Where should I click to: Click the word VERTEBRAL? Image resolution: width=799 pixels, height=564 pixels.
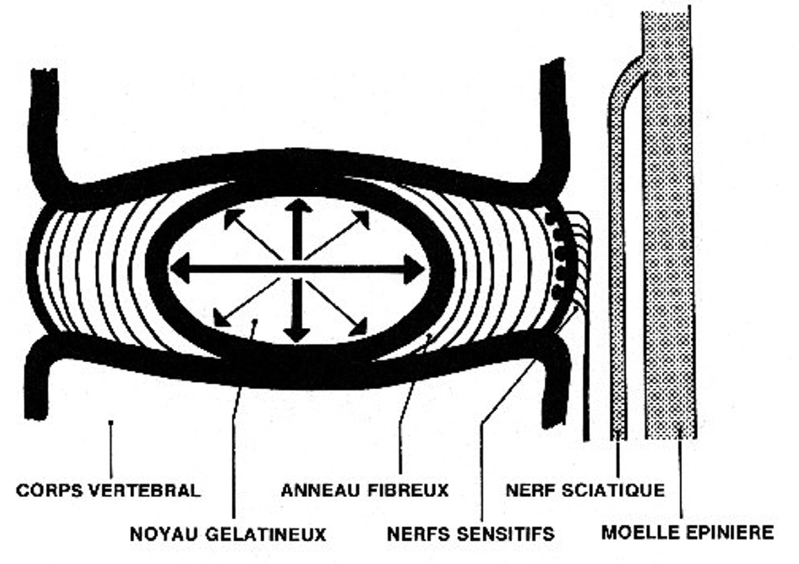click(144, 490)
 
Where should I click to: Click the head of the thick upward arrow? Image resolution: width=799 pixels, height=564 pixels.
click(298, 208)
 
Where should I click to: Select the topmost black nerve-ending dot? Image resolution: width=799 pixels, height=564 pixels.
click(551, 218)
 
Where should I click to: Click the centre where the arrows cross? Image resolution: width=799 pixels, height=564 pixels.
click(298, 268)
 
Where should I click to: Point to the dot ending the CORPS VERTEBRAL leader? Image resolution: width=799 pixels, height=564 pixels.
click(111, 422)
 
